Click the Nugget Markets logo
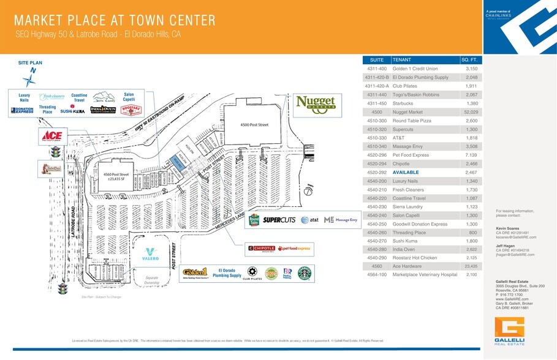[x=316, y=105]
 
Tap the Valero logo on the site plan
[x=151, y=255]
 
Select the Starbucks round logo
[x=304, y=274]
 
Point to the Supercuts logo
[x=279, y=219]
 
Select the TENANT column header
[x=402, y=60]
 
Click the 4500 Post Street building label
[x=254, y=125]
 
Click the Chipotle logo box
[x=261, y=248]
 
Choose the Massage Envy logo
[x=341, y=219]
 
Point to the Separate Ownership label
[x=152, y=280]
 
